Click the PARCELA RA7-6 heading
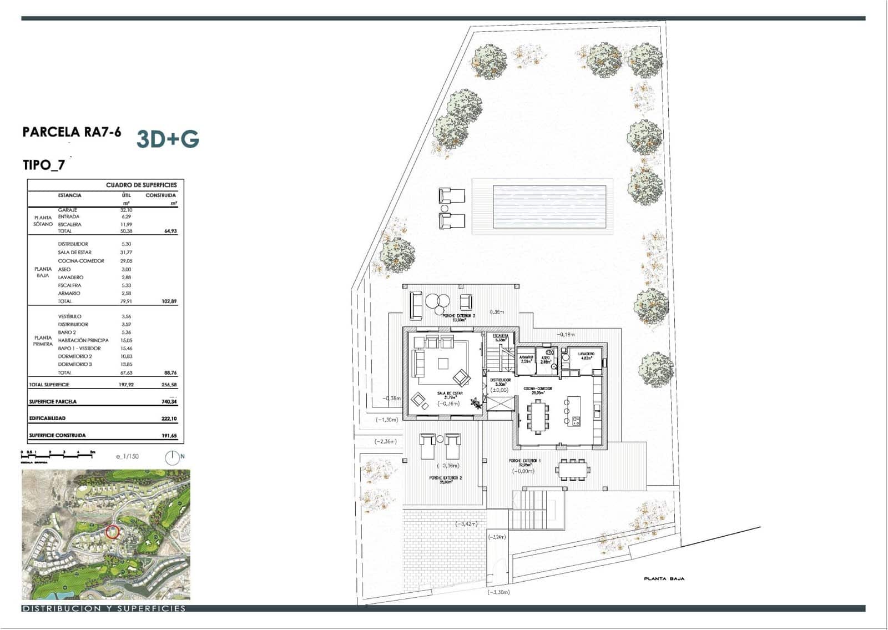coord(72,132)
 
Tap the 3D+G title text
coord(168,139)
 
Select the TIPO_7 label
coord(44,165)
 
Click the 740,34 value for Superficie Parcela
coord(169,402)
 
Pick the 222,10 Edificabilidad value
coord(169,419)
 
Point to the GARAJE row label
coord(67,210)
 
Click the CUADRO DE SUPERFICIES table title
coord(141,185)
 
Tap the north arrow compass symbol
coord(173,457)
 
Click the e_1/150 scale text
coord(127,457)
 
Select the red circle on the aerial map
coord(112,532)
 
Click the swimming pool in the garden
coord(548,206)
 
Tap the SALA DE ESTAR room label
coord(450,394)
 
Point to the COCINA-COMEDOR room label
coord(537,389)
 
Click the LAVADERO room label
coord(586,354)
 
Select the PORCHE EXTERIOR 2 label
coord(445,478)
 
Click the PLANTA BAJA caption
coord(664,579)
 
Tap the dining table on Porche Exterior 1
coord(573,470)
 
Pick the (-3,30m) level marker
coord(498,592)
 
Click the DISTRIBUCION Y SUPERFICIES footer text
coord(104,609)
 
